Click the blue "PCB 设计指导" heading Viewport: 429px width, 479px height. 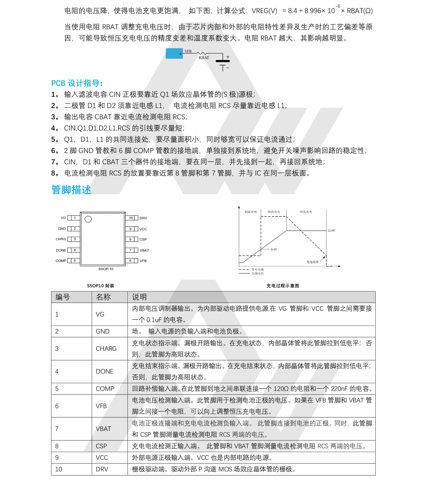[77, 83]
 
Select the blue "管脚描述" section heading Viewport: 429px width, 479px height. [71, 190]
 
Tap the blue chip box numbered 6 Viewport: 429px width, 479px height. [174, 53]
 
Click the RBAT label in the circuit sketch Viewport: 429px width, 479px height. [204, 58]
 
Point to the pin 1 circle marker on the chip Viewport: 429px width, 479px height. [88, 219]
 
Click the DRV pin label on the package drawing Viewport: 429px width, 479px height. [143, 218]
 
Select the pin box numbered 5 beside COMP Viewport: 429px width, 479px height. [74, 261]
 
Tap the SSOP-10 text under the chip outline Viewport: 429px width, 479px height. [106, 269]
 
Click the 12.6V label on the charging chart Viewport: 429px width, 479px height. [331, 231]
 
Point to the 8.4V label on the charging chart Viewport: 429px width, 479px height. [274, 249]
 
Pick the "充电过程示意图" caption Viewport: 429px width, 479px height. [283, 286]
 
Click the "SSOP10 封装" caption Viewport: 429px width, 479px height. [100, 286]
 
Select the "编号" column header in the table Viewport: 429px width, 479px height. [63, 297]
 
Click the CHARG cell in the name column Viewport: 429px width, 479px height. [106, 349]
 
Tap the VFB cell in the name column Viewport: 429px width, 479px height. [101, 406]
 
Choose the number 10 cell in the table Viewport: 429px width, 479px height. [58, 469]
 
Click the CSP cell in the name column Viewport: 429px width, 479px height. [101, 446]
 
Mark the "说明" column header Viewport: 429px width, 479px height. [139, 297]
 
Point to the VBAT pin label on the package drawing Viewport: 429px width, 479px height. [144, 250]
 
